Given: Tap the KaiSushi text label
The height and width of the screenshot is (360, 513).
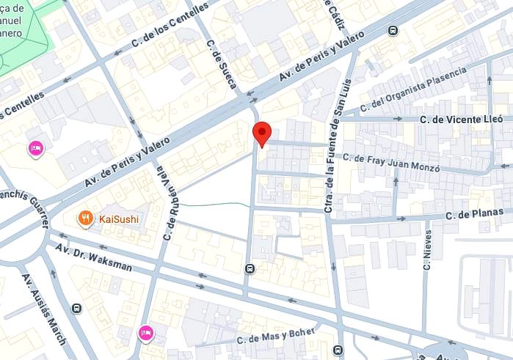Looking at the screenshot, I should (119, 218).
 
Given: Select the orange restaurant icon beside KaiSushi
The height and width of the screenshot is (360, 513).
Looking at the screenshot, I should (86, 218).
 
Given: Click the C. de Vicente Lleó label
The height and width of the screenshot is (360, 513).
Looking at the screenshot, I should (461, 118).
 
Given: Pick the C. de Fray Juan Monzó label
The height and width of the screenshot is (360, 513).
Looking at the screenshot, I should (391, 163).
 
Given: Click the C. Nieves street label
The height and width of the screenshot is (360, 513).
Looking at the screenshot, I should (427, 251).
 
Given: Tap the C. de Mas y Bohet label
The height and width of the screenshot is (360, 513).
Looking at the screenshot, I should (275, 337).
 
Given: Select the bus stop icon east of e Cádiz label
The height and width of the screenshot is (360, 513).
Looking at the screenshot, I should (393, 30).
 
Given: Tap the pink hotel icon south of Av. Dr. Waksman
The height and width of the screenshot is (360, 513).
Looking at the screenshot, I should (146, 333).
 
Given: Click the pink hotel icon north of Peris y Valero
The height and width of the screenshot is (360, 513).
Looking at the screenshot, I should (35, 150).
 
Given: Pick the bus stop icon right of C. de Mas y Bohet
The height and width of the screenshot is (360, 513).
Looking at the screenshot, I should (337, 350).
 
